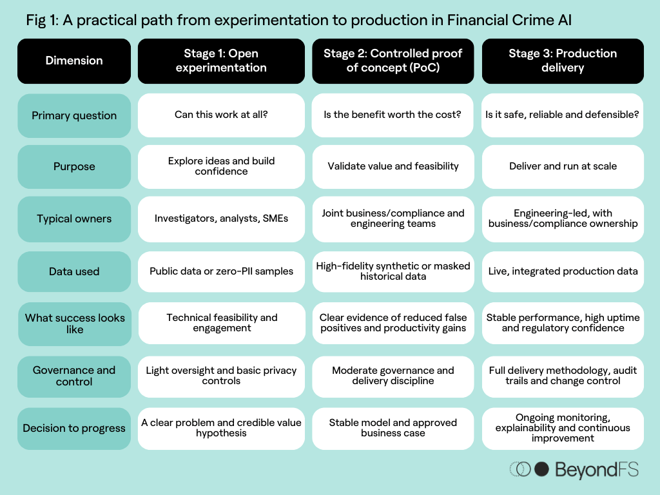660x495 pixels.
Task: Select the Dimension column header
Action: (74, 61)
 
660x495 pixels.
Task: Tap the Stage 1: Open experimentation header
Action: (221, 61)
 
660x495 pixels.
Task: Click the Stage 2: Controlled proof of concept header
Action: (393, 61)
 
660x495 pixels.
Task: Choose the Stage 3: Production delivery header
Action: (563, 61)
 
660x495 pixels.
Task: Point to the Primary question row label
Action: (74, 115)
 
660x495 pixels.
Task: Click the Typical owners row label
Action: (74, 218)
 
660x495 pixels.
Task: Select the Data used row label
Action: (74, 271)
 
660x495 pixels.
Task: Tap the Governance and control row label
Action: (74, 376)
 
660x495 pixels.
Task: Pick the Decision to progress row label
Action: (74, 428)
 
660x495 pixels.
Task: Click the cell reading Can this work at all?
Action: (221, 115)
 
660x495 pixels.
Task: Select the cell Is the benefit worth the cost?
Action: (393, 115)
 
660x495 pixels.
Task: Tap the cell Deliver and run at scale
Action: (563, 166)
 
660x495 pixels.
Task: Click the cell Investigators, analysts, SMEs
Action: (221, 218)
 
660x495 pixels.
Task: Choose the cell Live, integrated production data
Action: (563, 271)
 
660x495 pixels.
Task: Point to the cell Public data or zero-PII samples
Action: (221, 271)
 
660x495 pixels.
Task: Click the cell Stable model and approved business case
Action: (393, 428)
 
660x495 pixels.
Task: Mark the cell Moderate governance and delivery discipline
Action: (393, 376)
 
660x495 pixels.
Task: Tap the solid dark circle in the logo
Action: (542, 470)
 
